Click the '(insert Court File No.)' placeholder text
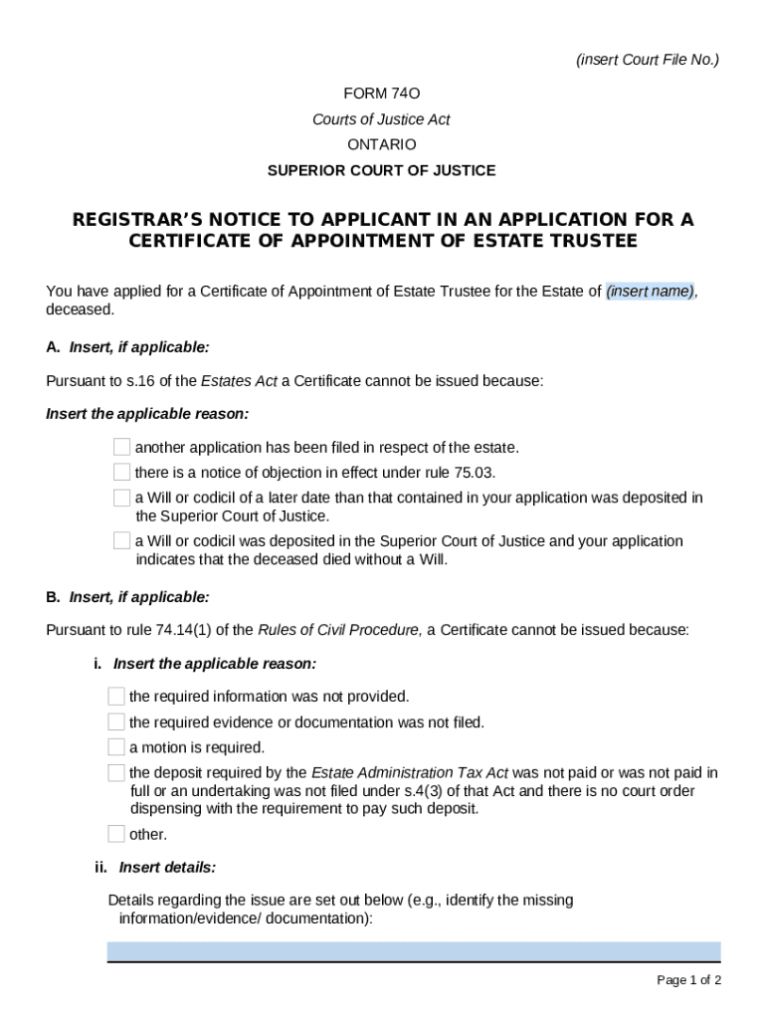[648, 60]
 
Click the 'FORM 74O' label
[382, 94]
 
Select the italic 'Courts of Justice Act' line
[382, 119]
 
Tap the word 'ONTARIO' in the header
[382, 145]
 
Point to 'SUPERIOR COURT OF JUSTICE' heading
[382, 170]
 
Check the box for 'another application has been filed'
[121, 447]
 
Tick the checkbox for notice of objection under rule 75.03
[121, 472]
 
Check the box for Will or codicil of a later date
[121, 498]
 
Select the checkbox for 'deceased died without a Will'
[121, 541]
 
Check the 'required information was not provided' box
[116, 697]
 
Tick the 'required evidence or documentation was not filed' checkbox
[116, 721]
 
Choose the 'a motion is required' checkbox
[116, 746]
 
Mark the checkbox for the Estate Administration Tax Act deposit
[116, 772]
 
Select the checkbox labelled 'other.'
[116, 834]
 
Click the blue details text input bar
[414, 951]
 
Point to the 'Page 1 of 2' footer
[688, 980]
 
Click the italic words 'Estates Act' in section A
[239, 382]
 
